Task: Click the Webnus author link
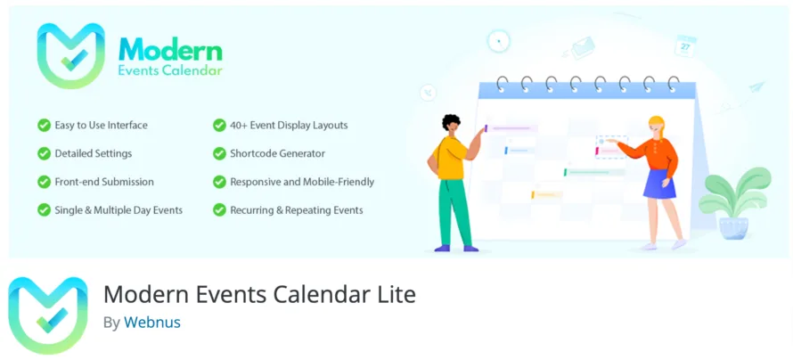tap(151, 323)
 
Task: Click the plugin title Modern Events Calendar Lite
tap(259, 294)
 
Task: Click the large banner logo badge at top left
tap(71, 55)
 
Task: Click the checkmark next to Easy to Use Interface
tap(44, 126)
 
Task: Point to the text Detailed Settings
tap(93, 153)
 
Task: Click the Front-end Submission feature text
tap(103, 182)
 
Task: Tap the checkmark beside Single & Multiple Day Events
tap(44, 210)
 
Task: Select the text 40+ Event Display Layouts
tap(289, 126)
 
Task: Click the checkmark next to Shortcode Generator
tap(219, 153)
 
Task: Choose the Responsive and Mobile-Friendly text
tap(302, 182)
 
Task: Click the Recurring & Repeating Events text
tap(296, 210)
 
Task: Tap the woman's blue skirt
tap(660, 184)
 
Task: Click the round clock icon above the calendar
tap(499, 41)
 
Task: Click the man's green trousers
tap(454, 210)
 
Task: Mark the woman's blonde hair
tap(657, 125)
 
